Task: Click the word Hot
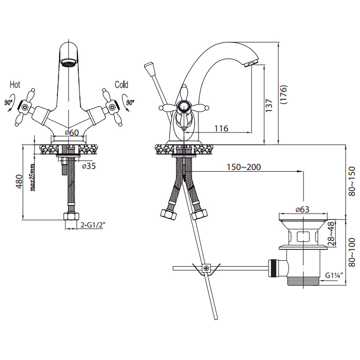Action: click(15, 85)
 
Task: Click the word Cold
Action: click(121, 85)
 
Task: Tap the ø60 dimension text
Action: click(72, 133)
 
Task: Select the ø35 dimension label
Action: click(89, 166)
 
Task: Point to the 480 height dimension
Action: click(19, 181)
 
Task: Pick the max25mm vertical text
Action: click(32, 178)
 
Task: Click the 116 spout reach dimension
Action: click(222, 128)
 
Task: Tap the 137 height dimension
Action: click(269, 105)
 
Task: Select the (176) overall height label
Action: click(284, 94)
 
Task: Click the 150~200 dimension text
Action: click(244, 167)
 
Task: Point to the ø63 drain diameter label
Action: click(303, 209)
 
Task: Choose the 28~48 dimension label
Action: click(332, 234)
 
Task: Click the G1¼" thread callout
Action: click(334, 275)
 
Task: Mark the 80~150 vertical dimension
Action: click(351, 181)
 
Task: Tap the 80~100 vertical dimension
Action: click(351, 252)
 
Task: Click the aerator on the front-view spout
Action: click(69, 62)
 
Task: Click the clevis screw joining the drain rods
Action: click(207, 268)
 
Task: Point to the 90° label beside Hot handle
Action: click(9, 102)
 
